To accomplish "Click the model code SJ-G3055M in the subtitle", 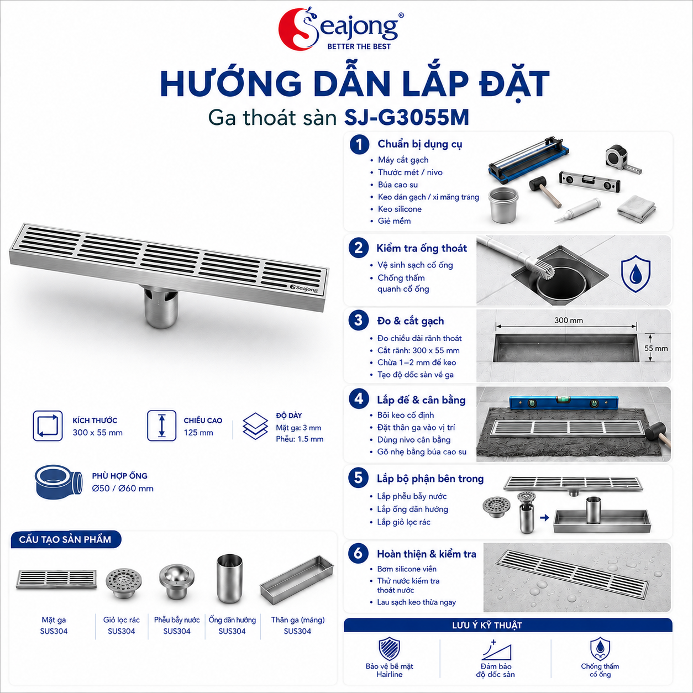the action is [x=407, y=118].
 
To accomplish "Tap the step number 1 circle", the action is [x=359, y=145].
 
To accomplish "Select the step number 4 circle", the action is [x=359, y=399].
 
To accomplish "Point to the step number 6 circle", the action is [x=358, y=554].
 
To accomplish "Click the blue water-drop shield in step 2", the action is [x=636, y=273].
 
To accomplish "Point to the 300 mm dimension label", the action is [x=569, y=320].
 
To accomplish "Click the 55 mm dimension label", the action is [x=656, y=348].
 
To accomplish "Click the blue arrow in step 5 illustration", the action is [x=544, y=518].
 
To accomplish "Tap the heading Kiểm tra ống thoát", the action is [x=422, y=248].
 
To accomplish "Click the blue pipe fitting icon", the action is [x=59, y=481].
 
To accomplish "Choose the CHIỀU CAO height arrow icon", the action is [x=162, y=426].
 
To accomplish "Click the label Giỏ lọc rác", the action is [x=121, y=620].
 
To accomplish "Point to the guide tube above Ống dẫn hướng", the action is [x=229, y=579].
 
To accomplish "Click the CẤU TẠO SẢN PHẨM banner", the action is [x=65, y=539].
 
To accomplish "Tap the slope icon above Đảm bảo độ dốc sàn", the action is [x=496, y=650].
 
